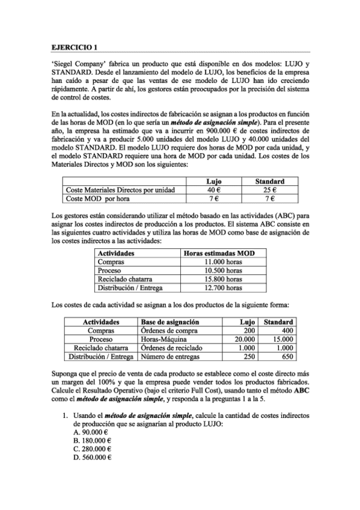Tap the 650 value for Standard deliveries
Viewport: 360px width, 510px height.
[x=286, y=356]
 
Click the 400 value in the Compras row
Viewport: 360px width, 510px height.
[x=287, y=330]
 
